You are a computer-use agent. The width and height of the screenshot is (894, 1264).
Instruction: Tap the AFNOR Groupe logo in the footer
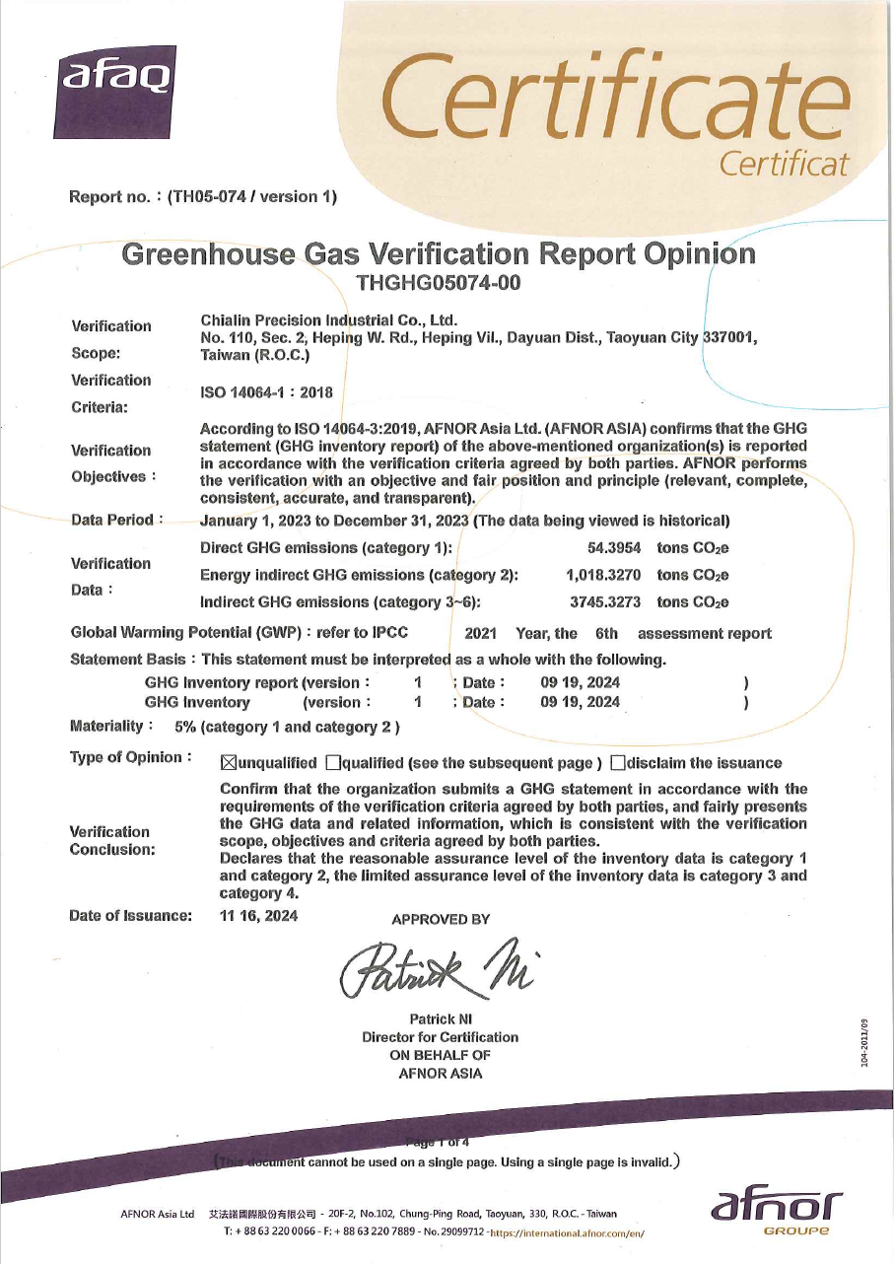[775, 1210]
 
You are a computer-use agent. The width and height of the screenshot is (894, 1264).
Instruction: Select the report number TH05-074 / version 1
[252, 196]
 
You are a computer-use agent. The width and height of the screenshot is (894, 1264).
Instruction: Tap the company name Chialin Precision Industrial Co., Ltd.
[329, 319]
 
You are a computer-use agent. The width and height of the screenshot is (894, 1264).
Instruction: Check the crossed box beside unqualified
[229, 763]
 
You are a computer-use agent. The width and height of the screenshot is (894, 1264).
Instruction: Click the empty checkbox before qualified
[332, 763]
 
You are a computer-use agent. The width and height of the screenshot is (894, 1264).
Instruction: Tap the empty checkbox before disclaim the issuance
[617, 763]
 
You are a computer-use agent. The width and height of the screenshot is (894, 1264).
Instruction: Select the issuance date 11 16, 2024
[258, 916]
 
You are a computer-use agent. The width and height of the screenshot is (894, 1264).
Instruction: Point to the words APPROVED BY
[441, 920]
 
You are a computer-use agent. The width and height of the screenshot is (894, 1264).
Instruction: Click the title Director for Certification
[440, 1037]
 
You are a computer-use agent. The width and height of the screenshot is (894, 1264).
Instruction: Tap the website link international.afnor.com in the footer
[567, 1232]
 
